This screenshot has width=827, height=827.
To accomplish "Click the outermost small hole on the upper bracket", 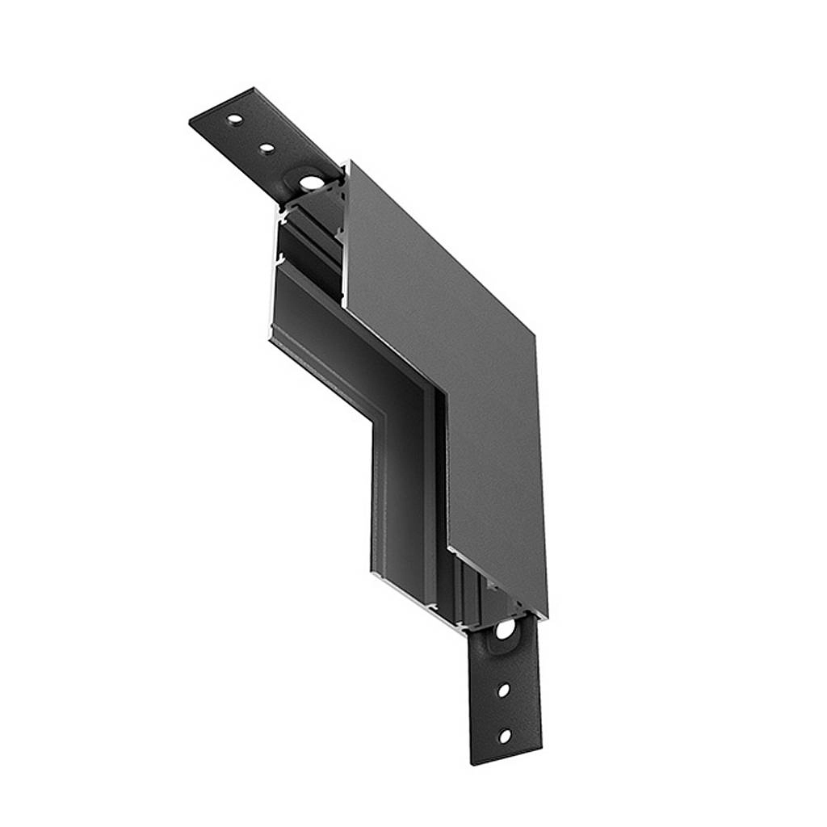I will [233, 120].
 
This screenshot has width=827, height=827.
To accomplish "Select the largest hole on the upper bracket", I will [309, 183].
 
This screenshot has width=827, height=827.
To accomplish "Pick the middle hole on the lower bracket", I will [503, 691].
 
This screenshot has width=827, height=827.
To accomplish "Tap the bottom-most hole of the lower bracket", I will [504, 736].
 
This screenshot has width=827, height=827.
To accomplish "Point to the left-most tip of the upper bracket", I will [190, 123].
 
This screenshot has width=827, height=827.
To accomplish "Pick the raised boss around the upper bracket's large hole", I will [309, 183].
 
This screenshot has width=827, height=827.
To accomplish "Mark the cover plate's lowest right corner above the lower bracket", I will [547, 615].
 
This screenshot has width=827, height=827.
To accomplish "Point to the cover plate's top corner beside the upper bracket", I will [348, 162].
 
